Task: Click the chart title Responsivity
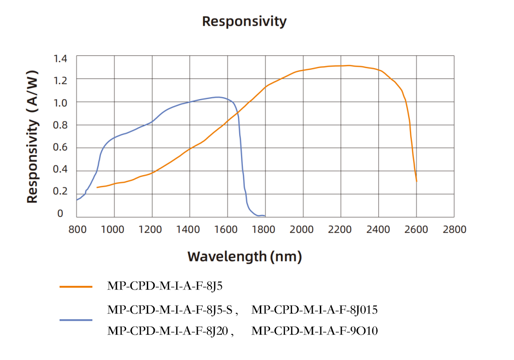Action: pos(244,22)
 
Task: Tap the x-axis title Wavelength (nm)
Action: pos(244,257)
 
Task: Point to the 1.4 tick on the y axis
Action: pos(60,59)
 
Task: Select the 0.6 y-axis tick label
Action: pos(60,147)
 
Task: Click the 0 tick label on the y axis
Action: pos(60,214)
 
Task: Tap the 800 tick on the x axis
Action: pos(77,230)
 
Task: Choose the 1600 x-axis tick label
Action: pos(227,230)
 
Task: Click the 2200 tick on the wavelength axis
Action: pos(341,230)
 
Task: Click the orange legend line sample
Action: pos(76,286)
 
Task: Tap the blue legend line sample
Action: pos(76,320)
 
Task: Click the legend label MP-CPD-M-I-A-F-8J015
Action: pos(315,310)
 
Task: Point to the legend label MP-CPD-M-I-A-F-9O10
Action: pos(315,331)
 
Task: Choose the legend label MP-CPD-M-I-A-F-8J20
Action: pos(169,331)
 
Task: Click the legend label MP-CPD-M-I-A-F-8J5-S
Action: pos(172,310)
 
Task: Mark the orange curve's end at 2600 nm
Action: pos(416,181)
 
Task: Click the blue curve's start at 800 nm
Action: pos(77,200)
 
